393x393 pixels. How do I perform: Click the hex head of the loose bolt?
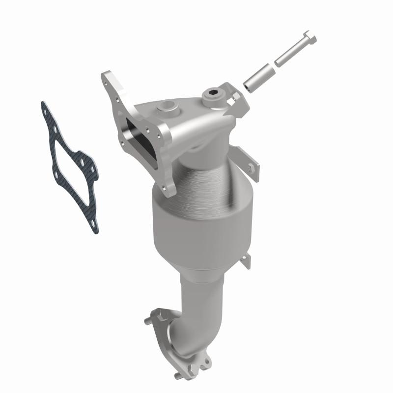(309, 38)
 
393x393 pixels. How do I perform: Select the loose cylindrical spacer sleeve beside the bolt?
(258, 76)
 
